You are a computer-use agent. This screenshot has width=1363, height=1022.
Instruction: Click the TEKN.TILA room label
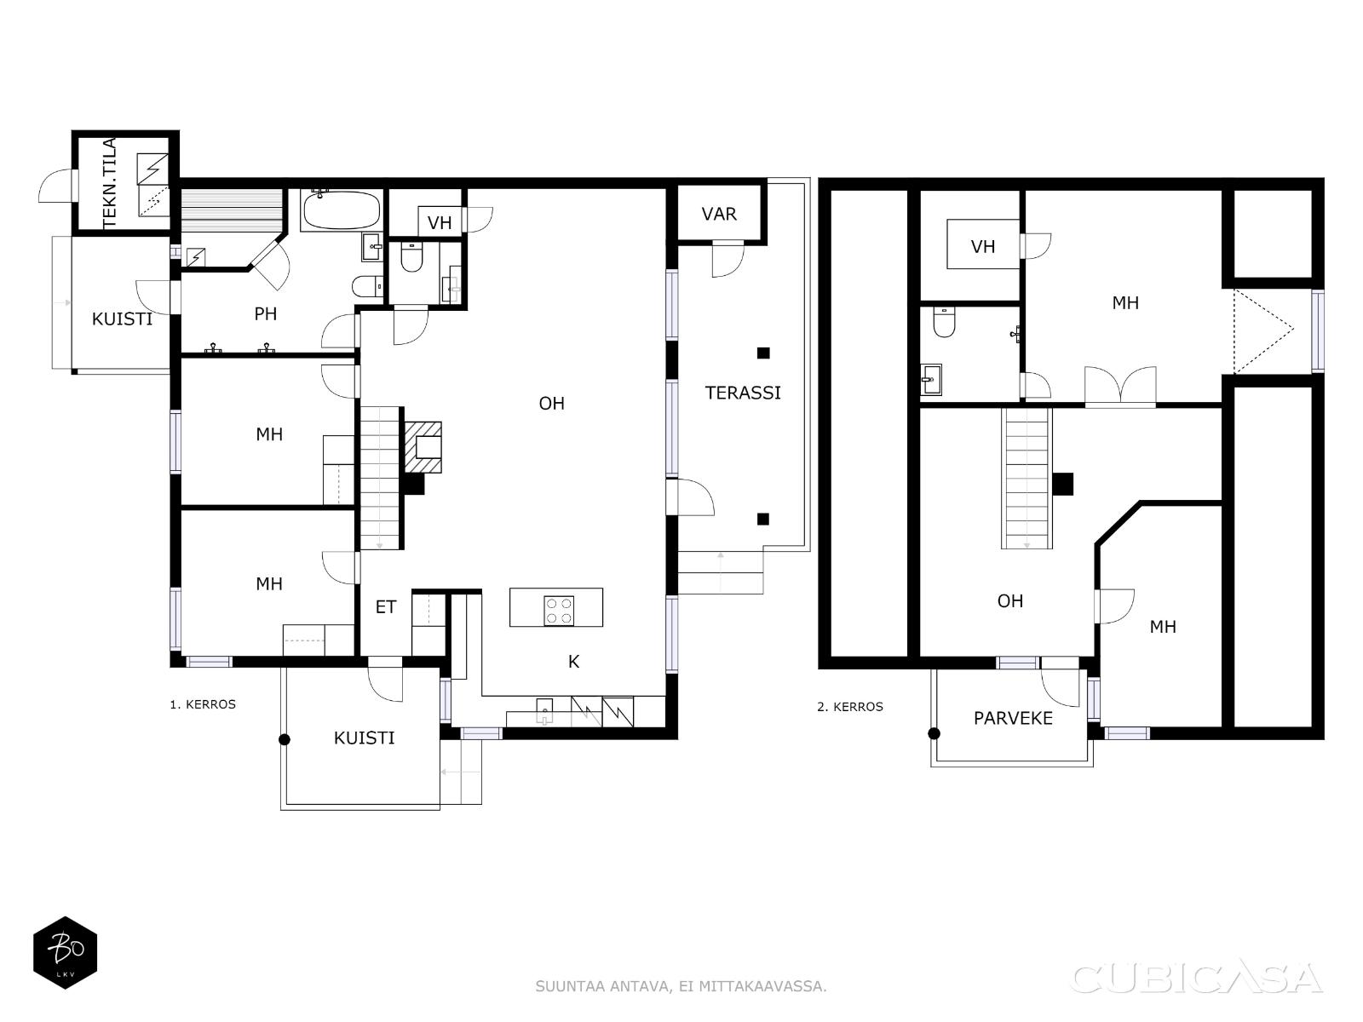pyautogui.click(x=110, y=182)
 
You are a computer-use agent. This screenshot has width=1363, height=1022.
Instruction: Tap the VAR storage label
pyautogui.click(x=718, y=214)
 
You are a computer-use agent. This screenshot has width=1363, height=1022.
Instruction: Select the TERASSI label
pyautogui.click(x=743, y=393)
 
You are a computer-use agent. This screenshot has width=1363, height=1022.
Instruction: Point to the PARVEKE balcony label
pyautogui.click(x=1013, y=719)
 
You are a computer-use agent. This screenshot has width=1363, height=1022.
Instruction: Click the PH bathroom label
pyautogui.click(x=265, y=314)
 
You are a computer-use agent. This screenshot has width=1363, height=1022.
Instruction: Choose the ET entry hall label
pyautogui.click(x=386, y=607)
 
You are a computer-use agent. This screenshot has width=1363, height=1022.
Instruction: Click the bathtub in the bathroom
pyautogui.click(x=341, y=210)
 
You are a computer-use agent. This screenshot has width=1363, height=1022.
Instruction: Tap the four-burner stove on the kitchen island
pyautogui.click(x=558, y=611)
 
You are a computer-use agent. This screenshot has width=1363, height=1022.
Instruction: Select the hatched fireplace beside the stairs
pyautogui.click(x=423, y=447)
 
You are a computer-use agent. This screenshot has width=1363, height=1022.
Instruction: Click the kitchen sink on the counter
pyautogui.click(x=544, y=711)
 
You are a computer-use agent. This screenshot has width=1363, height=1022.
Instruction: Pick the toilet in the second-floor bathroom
pyautogui.click(x=944, y=322)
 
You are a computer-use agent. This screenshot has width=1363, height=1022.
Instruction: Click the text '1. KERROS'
pyautogui.click(x=203, y=704)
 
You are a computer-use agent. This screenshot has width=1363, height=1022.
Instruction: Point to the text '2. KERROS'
pyautogui.click(x=849, y=707)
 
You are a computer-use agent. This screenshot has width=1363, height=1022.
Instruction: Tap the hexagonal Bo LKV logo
pyautogui.click(x=66, y=952)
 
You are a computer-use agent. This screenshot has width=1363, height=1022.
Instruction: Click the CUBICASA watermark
pyautogui.click(x=1196, y=978)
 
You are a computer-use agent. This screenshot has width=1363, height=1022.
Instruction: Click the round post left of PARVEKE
pyautogui.click(x=934, y=734)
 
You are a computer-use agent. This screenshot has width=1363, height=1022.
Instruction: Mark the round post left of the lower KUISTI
pyautogui.click(x=284, y=739)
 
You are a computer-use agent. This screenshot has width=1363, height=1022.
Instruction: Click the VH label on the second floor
pyautogui.click(x=982, y=247)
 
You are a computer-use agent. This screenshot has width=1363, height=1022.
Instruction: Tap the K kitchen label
pyautogui.click(x=573, y=662)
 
